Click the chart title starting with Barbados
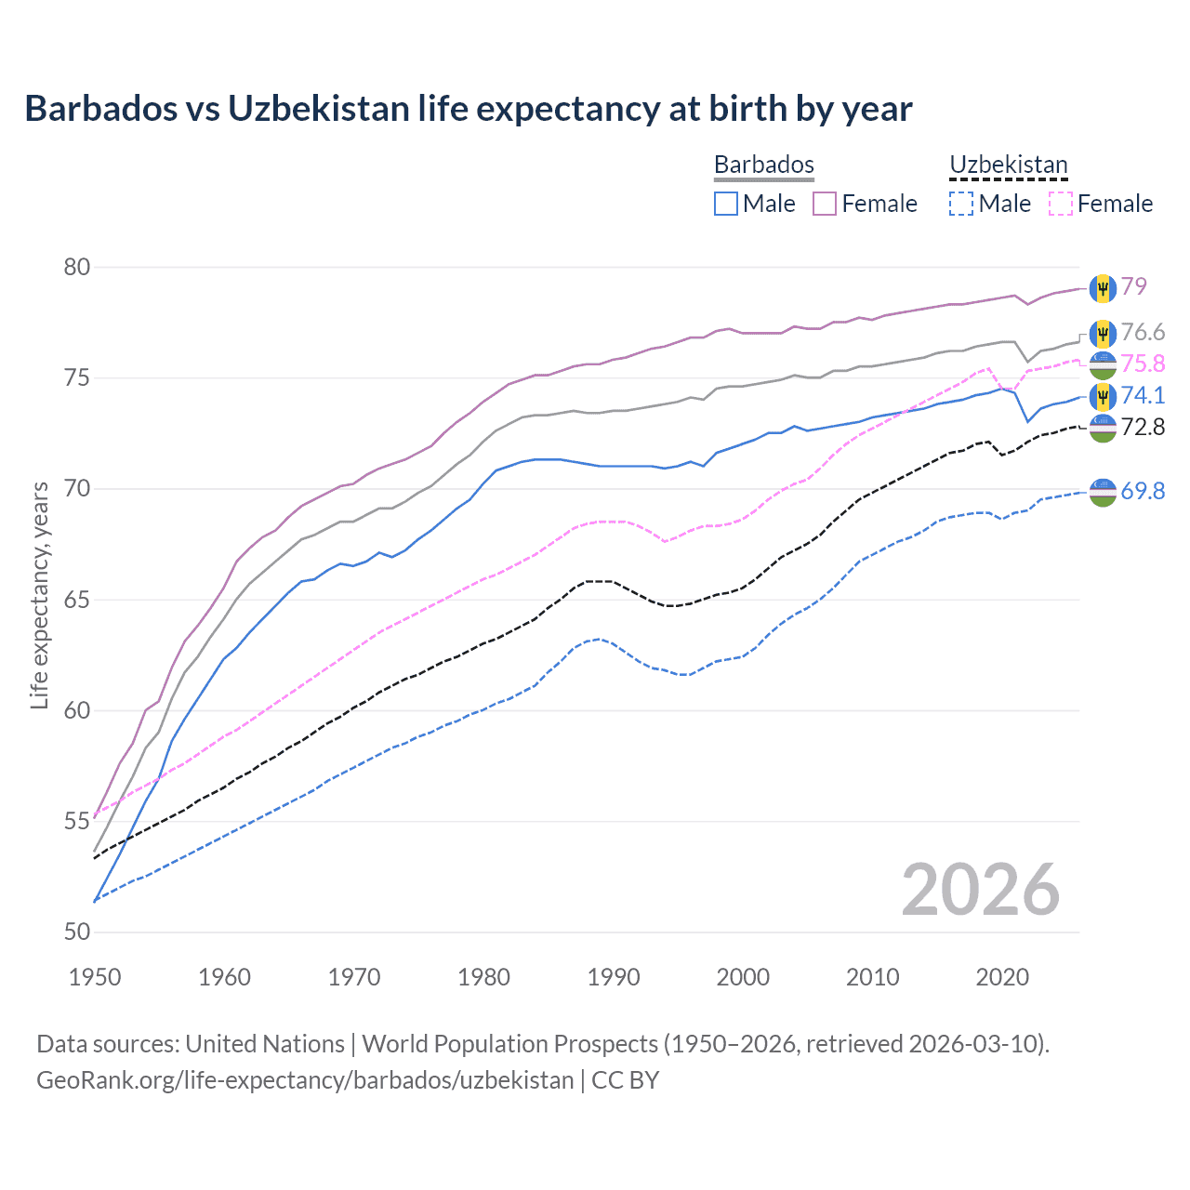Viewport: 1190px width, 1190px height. tap(469, 109)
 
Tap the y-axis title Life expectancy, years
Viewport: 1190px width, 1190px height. tap(39, 595)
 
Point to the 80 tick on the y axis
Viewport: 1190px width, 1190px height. tap(77, 268)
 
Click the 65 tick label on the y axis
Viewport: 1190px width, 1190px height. tap(77, 600)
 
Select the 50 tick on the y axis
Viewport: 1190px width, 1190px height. tap(77, 932)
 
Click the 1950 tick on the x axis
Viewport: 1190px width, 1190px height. tap(95, 977)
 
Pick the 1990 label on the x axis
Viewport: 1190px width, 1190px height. tap(614, 977)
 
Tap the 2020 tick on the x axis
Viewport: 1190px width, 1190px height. tap(1002, 977)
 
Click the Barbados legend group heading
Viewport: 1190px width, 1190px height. tap(764, 165)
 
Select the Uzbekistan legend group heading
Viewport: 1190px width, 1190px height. tap(1009, 165)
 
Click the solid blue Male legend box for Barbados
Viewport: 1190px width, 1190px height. tap(726, 204)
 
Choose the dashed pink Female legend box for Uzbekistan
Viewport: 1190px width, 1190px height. tap(1061, 204)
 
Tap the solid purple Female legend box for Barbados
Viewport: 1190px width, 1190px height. tap(825, 204)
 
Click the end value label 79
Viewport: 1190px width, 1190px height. tap(1134, 286)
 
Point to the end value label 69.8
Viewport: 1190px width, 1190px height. tap(1143, 491)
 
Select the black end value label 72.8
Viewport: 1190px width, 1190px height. tap(1143, 427)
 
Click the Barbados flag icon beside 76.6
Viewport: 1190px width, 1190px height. tap(1103, 334)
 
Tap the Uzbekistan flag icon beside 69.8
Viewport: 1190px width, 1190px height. tap(1103, 492)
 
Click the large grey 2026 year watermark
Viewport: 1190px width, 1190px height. tap(981, 890)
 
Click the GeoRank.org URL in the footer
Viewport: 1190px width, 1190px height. tap(305, 1080)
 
